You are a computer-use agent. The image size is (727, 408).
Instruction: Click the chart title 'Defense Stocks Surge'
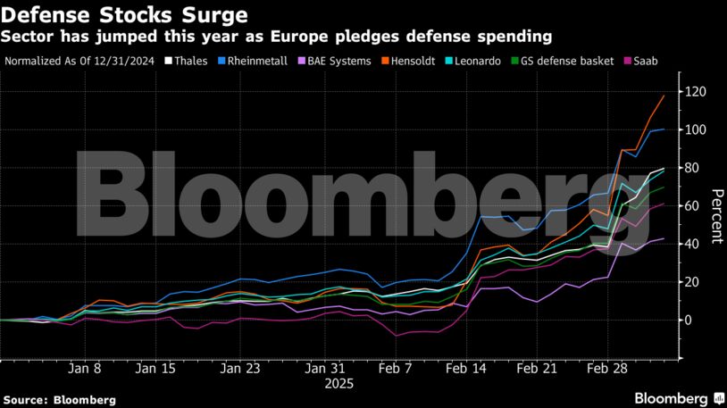(x=125, y=15)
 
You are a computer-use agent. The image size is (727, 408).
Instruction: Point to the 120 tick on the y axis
(x=695, y=92)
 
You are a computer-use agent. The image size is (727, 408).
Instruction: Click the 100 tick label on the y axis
(x=695, y=130)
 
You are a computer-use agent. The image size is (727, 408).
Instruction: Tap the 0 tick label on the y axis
(x=688, y=320)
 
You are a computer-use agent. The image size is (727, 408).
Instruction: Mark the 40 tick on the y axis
(x=692, y=244)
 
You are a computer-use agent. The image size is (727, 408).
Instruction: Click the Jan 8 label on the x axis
(x=85, y=367)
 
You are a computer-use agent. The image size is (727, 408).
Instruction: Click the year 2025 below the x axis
(x=340, y=383)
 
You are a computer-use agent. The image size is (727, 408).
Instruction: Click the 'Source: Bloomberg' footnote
(x=59, y=400)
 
